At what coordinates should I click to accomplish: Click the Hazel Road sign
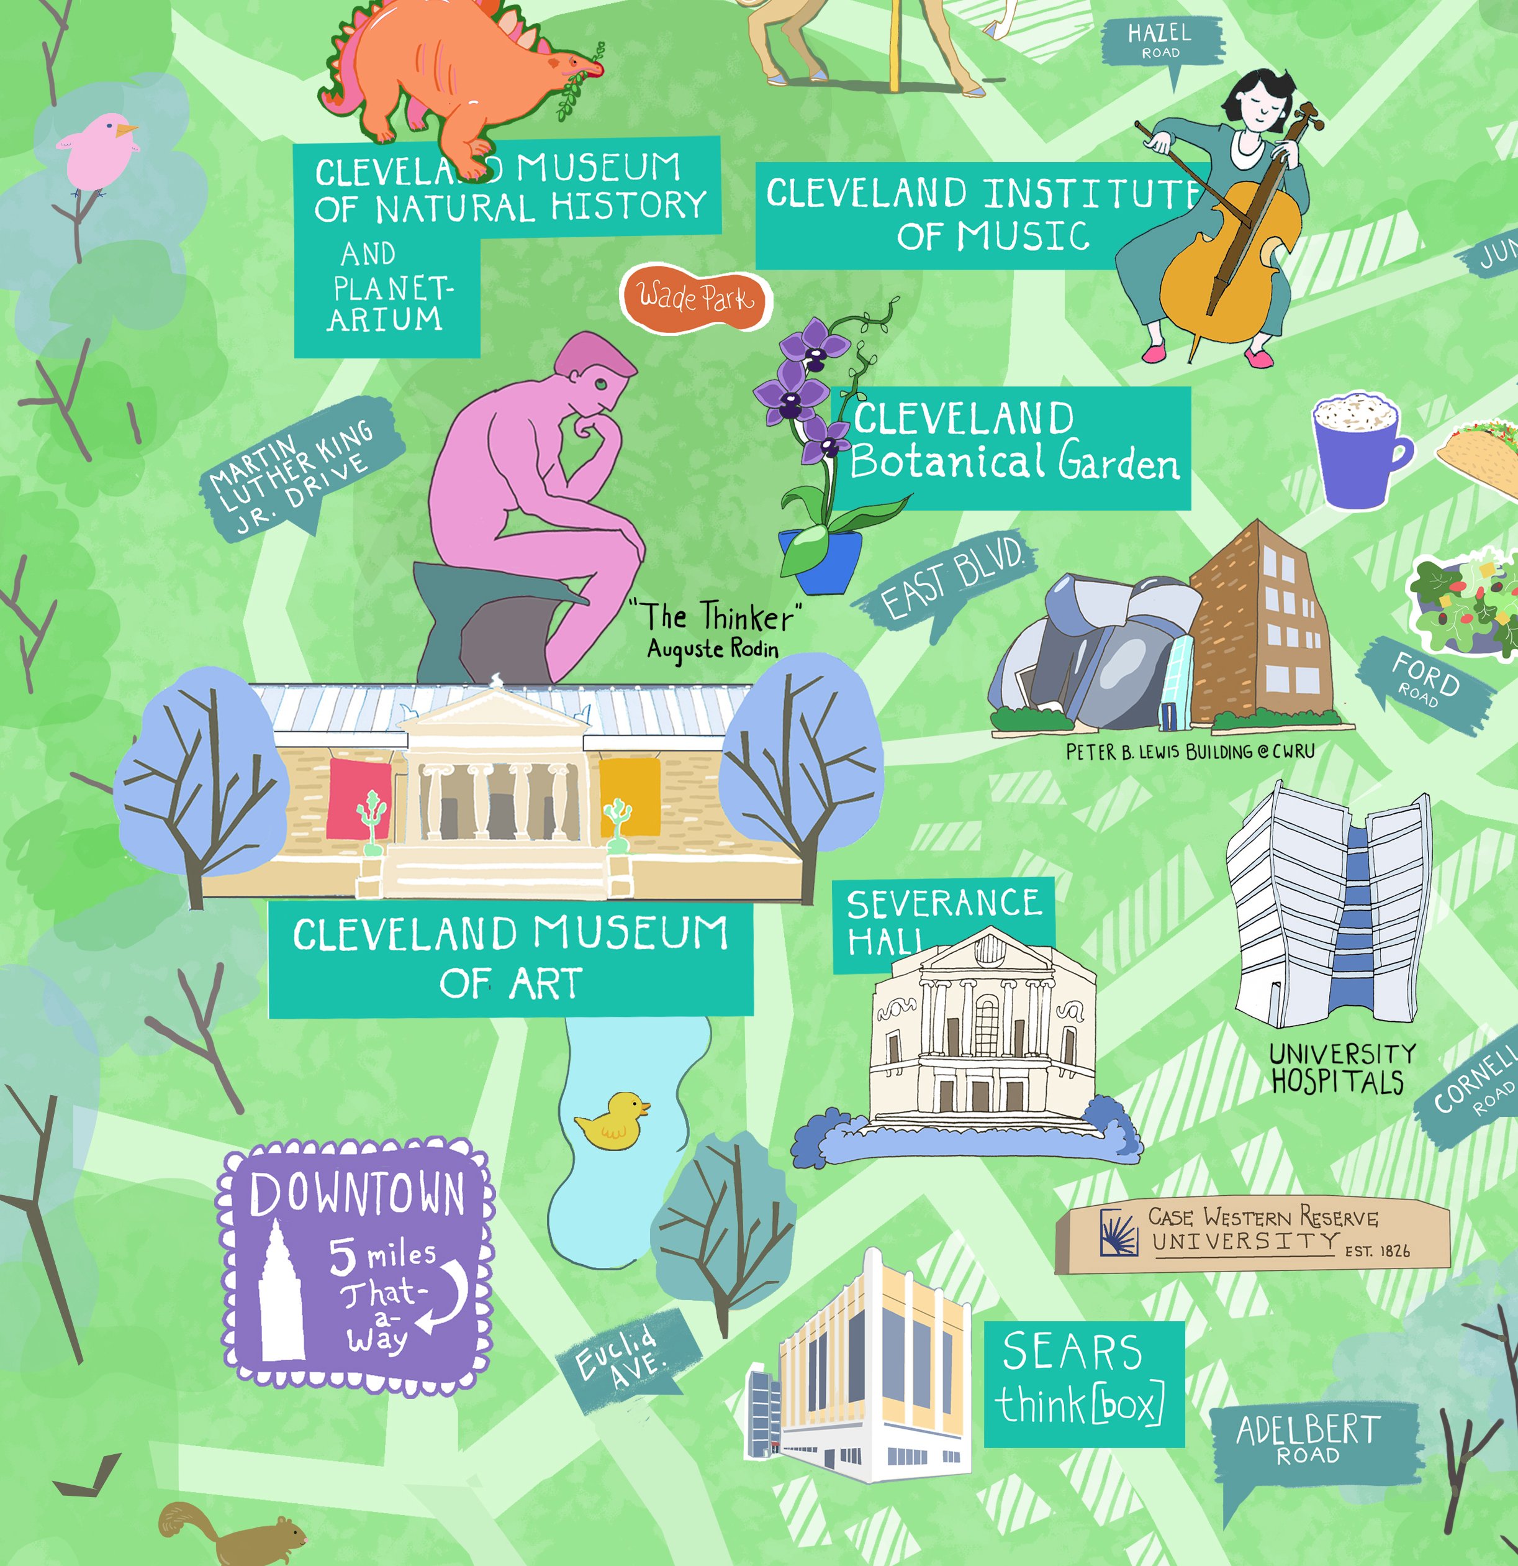[1160, 40]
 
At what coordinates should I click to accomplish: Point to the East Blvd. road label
[951, 578]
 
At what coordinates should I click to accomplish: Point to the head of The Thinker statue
[594, 374]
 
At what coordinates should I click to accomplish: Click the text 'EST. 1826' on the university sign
[1378, 1250]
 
